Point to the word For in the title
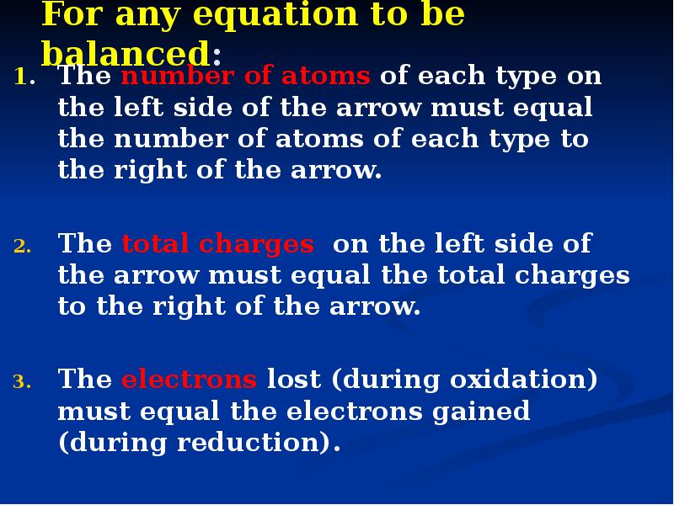click(74, 15)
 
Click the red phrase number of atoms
click(246, 77)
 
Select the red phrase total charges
click(217, 245)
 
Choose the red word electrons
click(189, 380)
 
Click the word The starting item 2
click(84, 245)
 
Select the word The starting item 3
click(84, 380)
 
